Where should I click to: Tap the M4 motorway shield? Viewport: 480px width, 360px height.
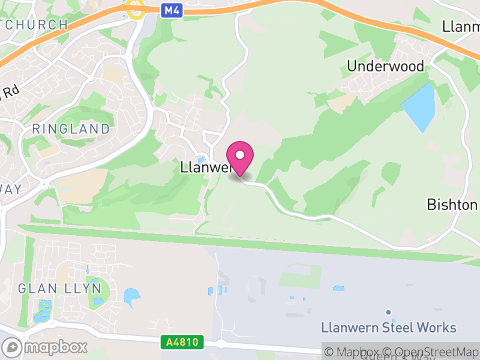coord(171,10)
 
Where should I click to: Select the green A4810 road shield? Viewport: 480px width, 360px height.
coord(182,342)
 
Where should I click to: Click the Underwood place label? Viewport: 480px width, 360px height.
coord(385,66)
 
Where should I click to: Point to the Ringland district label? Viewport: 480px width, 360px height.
coord(71,128)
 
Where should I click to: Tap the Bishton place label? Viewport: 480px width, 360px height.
coord(452,205)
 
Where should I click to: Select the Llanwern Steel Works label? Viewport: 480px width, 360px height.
coord(389,328)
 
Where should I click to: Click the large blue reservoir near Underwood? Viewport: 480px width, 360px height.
coord(419,107)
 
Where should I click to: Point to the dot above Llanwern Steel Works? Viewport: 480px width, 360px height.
coord(389,312)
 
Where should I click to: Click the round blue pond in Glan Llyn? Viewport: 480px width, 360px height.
coord(130,296)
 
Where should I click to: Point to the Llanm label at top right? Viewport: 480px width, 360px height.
coord(461,27)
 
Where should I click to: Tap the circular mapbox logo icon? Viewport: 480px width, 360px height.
coord(12,347)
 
